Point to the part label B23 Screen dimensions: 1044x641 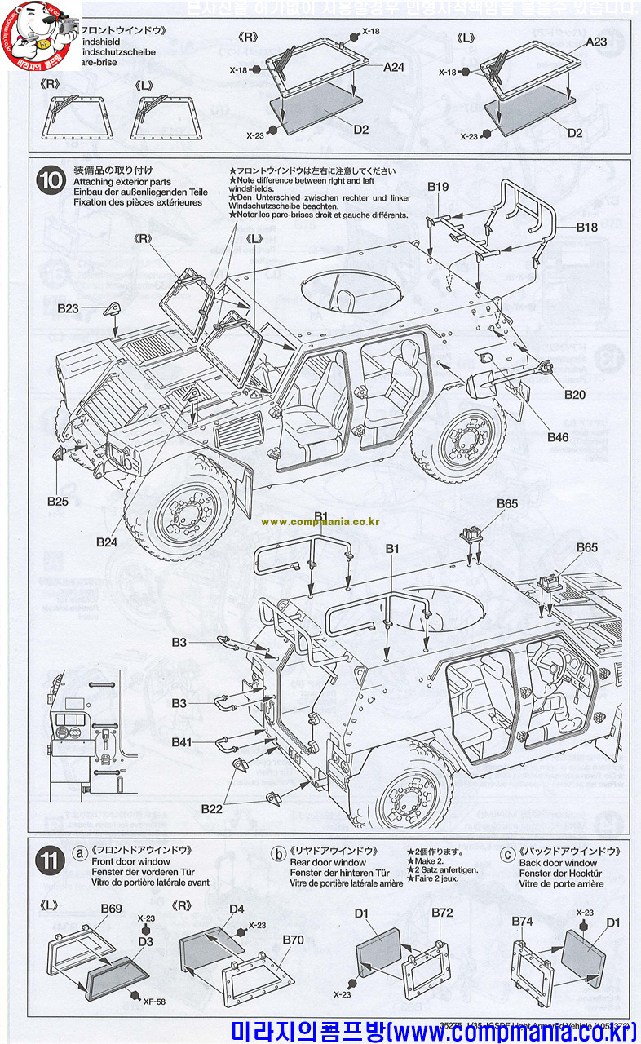(68, 309)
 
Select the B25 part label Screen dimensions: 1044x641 (57, 501)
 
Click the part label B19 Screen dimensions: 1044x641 (438, 187)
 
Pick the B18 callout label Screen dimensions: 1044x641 (586, 228)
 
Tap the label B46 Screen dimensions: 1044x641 (558, 437)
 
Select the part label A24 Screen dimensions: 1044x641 (394, 68)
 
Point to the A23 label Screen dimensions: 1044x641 (596, 42)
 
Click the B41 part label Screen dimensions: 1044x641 (182, 742)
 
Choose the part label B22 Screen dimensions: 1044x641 (212, 808)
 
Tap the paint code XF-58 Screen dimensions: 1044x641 (154, 1002)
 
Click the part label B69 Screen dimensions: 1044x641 (111, 909)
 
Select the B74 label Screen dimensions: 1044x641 (522, 921)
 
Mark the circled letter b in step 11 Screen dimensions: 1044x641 (278, 854)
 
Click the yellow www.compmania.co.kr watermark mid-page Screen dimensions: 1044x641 (320, 521)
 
